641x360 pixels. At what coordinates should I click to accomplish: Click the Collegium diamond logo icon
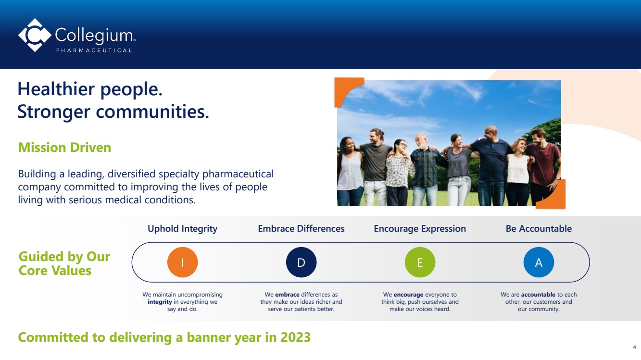[35, 35]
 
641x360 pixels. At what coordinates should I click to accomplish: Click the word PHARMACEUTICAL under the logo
[94, 50]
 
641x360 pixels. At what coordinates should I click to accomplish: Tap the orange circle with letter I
[183, 262]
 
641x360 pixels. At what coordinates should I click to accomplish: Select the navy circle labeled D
[301, 262]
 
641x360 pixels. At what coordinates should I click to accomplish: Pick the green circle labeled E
[420, 262]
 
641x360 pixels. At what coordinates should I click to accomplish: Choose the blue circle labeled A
[539, 262]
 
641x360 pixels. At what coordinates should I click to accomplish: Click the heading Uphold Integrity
[183, 229]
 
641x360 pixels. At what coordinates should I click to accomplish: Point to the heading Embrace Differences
[301, 228]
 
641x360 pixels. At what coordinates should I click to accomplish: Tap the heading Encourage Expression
[420, 229]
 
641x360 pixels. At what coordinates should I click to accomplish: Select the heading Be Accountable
[539, 228]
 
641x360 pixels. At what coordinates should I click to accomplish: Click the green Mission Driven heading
[64, 148]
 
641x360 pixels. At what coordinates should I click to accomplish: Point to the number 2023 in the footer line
[295, 337]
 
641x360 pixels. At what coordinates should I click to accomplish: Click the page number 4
[634, 347]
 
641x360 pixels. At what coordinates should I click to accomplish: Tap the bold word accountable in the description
[538, 295]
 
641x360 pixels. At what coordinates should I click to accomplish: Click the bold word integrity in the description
[160, 302]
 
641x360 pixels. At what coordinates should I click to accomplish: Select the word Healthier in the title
[56, 89]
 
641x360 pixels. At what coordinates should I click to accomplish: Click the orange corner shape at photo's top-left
[344, 87]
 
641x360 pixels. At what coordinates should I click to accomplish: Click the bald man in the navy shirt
[491, 166]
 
